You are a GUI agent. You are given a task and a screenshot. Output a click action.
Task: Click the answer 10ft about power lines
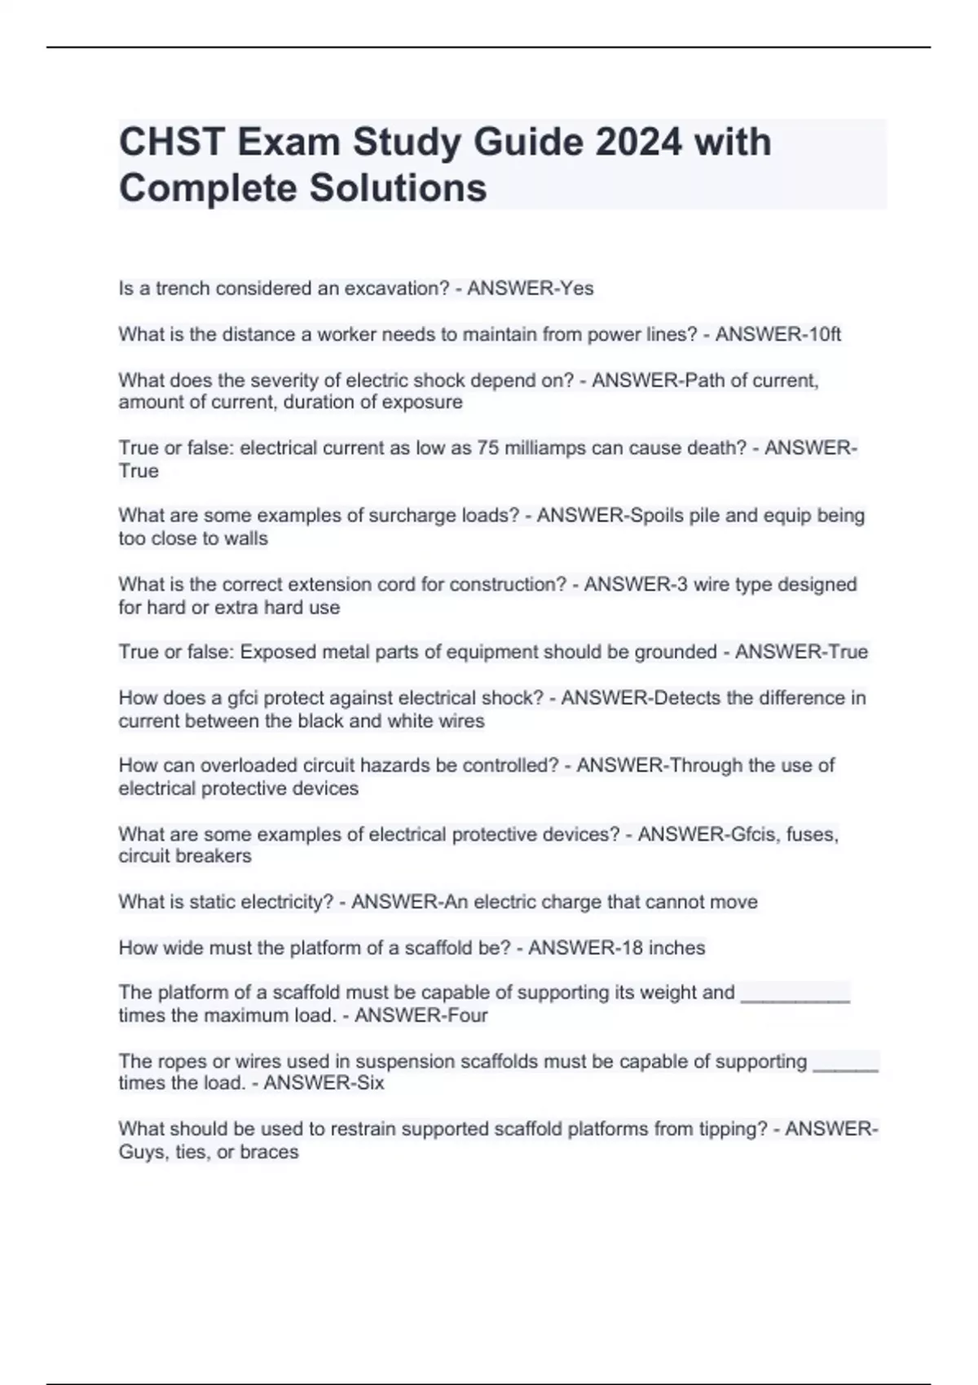pyautogui.click(x=822, y=334)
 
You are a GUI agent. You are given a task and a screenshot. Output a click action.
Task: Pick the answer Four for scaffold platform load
pyautogui.click(x=467, y=1015)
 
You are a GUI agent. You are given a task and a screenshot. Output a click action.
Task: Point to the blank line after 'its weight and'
pyautogui.click(x=795, y=997)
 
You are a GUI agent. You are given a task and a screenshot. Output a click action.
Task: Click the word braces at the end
pyautogui.click(x=269, y=1152)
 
